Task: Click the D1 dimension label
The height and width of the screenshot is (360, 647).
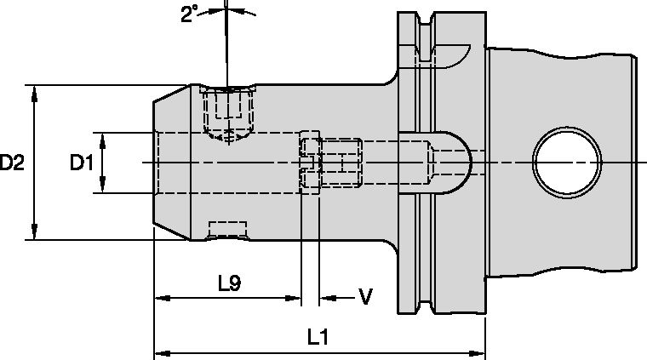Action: [81, 162]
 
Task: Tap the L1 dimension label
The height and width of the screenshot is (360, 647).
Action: [318, 337]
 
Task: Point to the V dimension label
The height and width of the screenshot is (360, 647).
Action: [365, 297]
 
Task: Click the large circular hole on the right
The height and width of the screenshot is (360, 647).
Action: [564, 162]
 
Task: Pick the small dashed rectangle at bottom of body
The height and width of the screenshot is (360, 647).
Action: [228, 229]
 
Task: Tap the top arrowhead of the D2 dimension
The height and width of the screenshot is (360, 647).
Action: [34, 92]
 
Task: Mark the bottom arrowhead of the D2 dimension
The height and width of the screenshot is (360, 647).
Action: [34, 232]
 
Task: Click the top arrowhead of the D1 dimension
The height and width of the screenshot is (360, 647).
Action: [102, 140]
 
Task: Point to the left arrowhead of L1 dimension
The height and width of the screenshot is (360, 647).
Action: [161, 351]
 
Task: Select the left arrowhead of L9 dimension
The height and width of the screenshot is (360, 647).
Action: [161, 298]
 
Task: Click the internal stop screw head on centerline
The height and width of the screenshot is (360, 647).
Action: [311, 162]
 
